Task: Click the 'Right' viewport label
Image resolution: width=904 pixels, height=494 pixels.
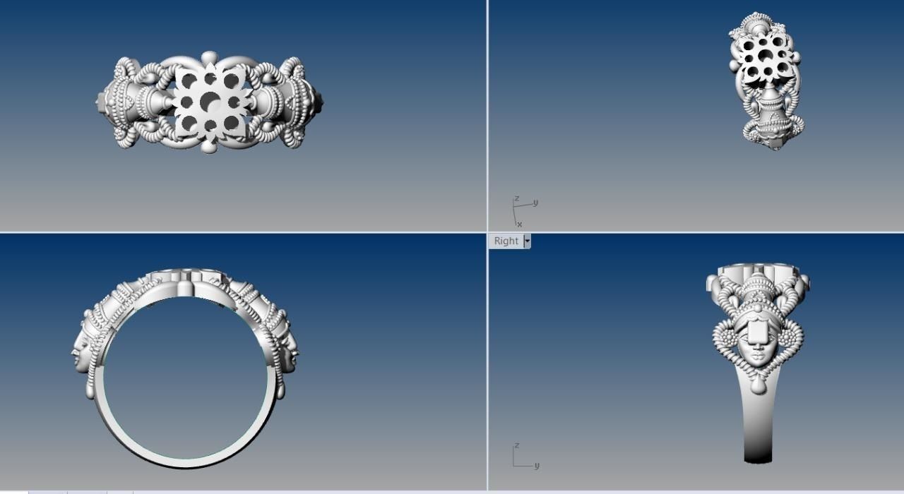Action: pos(506,241)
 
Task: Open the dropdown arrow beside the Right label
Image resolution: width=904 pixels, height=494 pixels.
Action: pos(527,241)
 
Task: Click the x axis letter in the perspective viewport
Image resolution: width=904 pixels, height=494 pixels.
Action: pos(520,224)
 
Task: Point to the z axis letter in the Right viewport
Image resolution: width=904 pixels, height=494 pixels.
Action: pos(517,446)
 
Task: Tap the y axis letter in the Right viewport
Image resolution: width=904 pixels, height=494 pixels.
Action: pos(537,466)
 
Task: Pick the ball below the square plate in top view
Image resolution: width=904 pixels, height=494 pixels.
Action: pos(209,147)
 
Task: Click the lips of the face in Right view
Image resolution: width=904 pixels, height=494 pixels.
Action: pos(757,359)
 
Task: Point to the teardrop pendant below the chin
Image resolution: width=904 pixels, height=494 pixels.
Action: pos(757,385)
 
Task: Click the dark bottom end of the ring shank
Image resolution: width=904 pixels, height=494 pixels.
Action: pos(757,456)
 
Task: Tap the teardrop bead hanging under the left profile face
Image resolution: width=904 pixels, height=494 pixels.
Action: pos(90,390)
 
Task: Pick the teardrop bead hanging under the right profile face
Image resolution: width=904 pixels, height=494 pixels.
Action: pos(280,390)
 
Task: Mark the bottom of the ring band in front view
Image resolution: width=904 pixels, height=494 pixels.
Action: pos(185,464)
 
